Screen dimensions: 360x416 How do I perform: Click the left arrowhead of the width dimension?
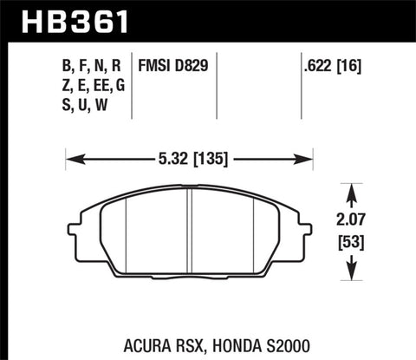(72, 159)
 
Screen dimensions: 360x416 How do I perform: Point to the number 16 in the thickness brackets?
(354, 64)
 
